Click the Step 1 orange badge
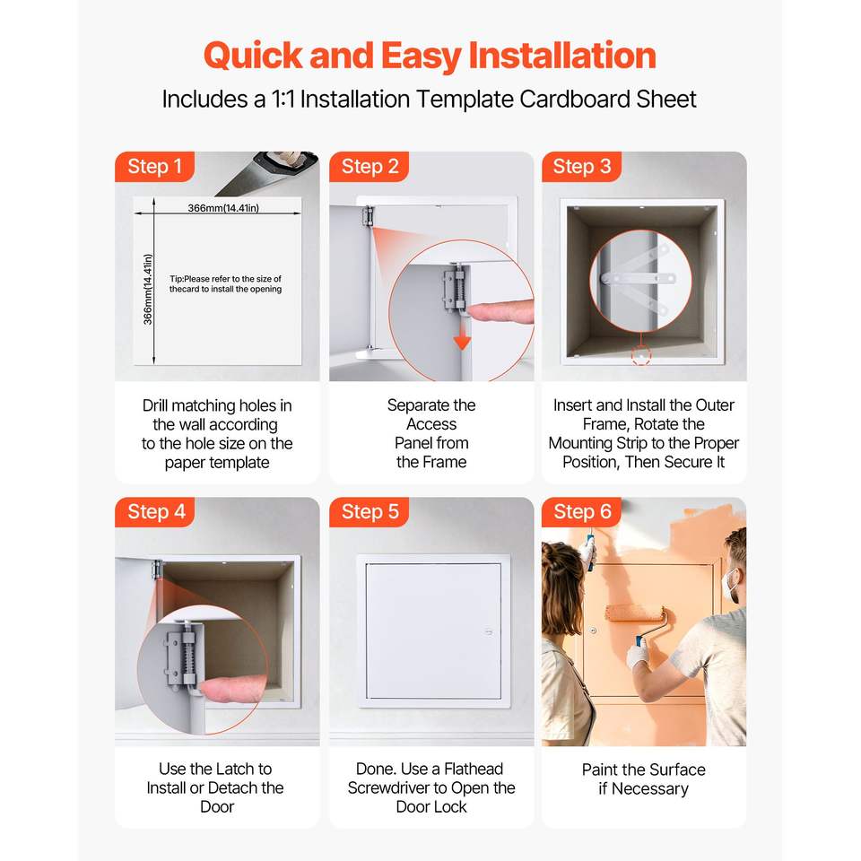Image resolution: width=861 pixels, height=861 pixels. coord(155,167)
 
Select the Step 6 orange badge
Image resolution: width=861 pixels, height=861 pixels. coord(582,512)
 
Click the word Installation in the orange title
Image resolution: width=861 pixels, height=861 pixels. coord(562,56)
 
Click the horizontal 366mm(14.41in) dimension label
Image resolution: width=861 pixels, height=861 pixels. coord(223,208)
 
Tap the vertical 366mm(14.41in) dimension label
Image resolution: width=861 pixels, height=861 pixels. coord(148,289)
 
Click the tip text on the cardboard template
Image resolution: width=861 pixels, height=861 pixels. coord(225,284)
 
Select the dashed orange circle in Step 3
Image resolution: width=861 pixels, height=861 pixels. coord(640,356)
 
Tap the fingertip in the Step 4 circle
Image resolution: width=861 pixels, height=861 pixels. coord(231,689)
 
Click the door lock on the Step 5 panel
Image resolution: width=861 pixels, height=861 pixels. coord(488,632)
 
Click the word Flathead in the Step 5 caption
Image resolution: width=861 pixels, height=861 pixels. coord(474,769)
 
